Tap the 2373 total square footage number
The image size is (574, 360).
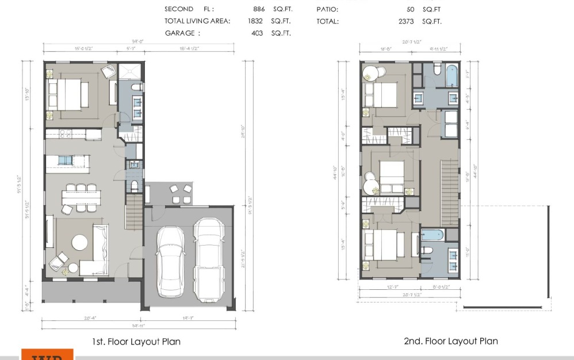click(406, 21)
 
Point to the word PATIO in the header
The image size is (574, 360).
click(327, 9)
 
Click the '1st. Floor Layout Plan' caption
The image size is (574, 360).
click(136, 342)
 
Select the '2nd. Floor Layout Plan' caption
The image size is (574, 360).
click(451, 341)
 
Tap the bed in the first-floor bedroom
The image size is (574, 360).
click(68, 94)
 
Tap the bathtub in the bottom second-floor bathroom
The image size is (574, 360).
click(431, 235)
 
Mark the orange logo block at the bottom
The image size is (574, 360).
click(47, 354)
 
